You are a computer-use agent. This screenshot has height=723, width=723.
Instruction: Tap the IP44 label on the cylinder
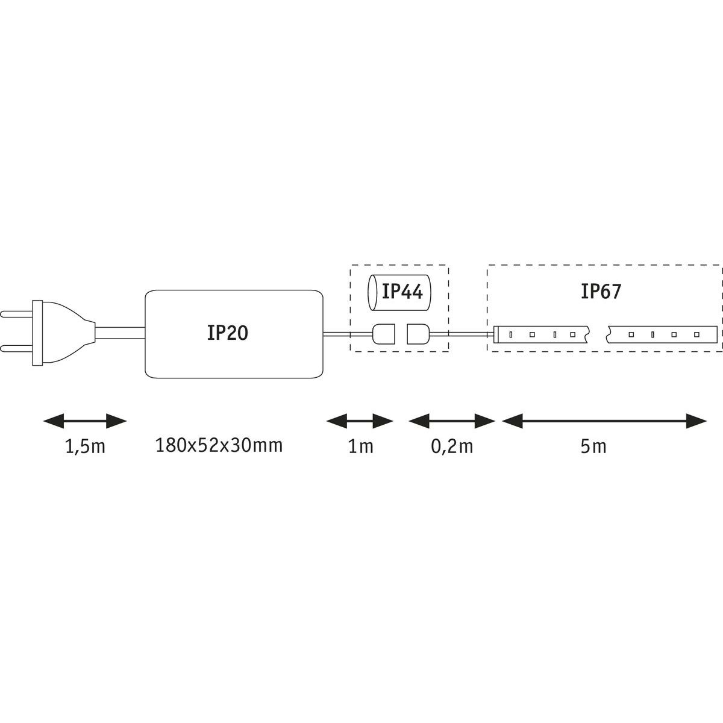tap(402, 293)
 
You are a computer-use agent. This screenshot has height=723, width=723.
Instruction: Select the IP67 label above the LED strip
tap(601, 292)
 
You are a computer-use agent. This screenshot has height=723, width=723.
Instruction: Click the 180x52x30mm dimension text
tap(219, 446)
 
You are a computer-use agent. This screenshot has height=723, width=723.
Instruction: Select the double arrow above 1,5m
tap(85, 421)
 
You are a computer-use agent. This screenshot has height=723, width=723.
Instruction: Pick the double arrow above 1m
tap(360, 421)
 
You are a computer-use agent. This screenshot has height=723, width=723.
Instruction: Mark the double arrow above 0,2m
tap(452, 421)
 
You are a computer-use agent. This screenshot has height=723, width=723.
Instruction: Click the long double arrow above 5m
tap(604, 421)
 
